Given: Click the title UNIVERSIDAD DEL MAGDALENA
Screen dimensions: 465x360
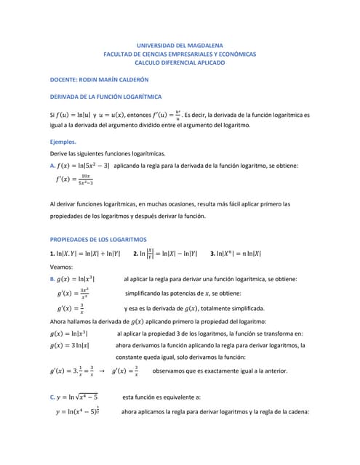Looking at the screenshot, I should point(180,45).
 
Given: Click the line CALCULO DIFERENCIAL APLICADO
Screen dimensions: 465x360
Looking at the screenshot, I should point(180,63).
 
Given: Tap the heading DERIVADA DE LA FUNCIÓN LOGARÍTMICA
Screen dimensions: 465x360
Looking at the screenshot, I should point(105,97).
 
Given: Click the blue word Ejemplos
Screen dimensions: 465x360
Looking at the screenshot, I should point(63,142).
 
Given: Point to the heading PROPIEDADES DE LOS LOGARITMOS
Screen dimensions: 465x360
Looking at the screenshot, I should point(98,239).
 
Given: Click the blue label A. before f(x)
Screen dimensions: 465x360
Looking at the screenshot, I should point(52,166).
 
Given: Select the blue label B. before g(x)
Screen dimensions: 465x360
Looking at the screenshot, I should point(52,279).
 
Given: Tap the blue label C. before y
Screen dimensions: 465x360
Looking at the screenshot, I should point(52,397).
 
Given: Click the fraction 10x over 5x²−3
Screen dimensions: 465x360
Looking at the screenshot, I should point(86,179).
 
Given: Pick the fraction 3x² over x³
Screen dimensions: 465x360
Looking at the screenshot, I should point(85,294).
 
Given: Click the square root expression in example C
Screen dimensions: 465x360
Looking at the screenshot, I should point(87,397).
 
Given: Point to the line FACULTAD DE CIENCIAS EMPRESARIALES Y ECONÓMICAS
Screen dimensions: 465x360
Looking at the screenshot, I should point(180,54).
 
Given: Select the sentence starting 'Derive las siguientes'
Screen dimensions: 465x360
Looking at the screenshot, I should point(107,154).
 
